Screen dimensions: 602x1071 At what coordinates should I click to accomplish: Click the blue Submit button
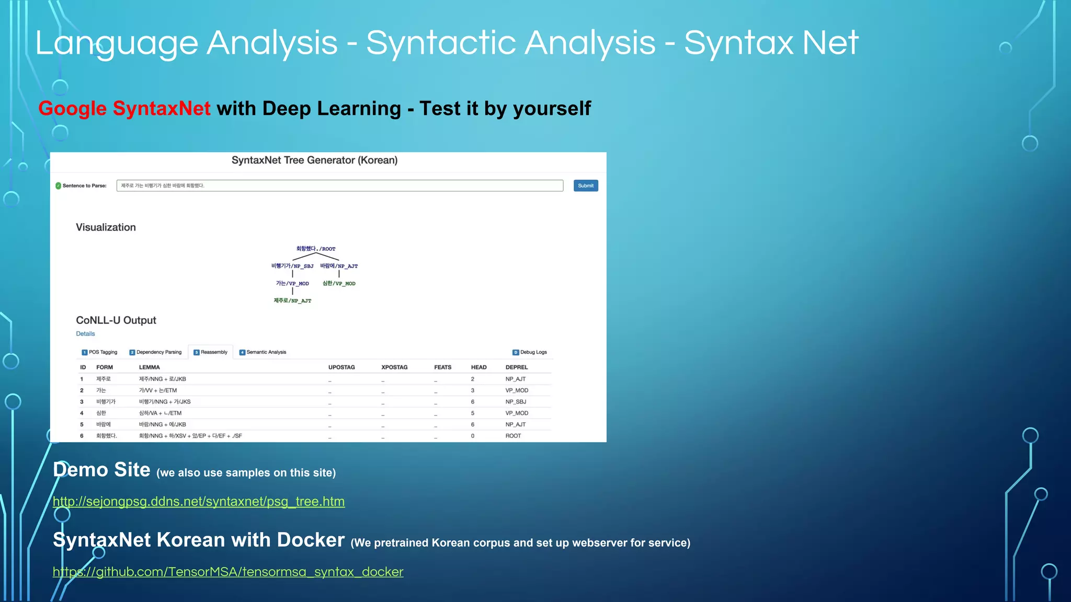585,186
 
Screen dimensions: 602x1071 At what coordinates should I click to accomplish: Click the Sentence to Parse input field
339,186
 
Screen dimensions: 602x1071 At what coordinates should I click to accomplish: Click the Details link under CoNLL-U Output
85,334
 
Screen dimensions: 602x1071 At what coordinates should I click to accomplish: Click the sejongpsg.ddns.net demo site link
199,502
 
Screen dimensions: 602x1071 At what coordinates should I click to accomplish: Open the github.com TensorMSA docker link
228,572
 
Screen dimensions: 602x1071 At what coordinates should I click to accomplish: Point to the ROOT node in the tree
316,249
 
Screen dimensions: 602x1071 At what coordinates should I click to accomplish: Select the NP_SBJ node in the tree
292,266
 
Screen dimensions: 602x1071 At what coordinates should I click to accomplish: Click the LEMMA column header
150,367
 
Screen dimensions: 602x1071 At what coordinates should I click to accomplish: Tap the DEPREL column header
516,367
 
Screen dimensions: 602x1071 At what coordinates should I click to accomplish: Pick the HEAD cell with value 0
473,436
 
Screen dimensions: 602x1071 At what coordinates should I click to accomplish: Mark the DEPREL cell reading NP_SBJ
516,402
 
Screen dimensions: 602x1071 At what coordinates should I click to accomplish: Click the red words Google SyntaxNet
124,109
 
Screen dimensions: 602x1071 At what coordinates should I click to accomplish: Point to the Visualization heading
106,227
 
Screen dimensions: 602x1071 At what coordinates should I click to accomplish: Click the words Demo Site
101,470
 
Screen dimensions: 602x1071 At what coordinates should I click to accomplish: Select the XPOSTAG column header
394,367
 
